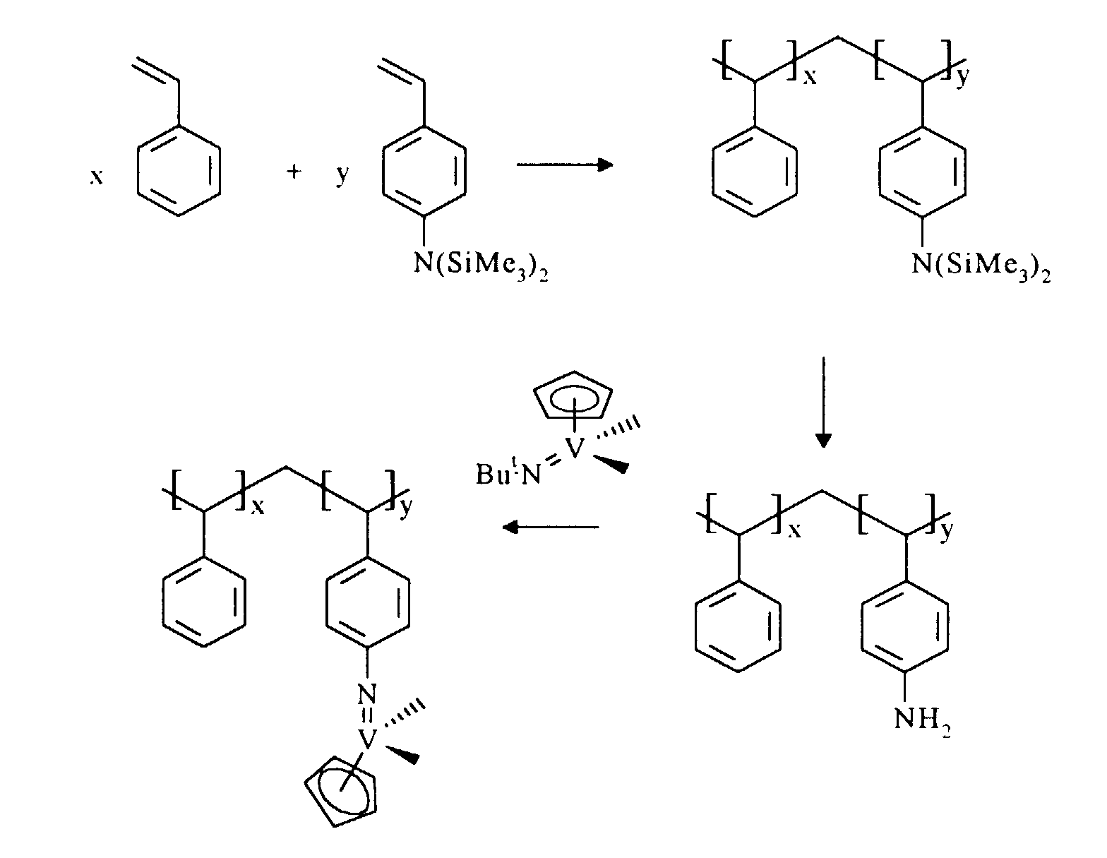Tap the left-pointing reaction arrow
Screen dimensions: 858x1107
click(x=550, y=527)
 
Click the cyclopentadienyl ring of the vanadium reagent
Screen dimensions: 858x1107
click(x=572, y=398)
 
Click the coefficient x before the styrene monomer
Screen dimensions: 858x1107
click(x=97, y=177)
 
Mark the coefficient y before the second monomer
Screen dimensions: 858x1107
click(x=342, y=174)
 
